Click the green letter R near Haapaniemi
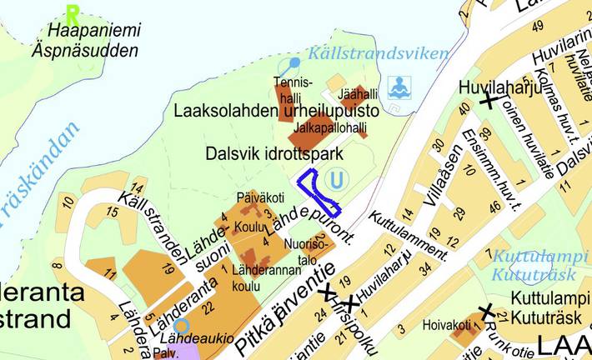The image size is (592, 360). click(73, 14)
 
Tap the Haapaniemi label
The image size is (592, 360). click(94, 32)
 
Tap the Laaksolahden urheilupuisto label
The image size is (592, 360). click(276, 111)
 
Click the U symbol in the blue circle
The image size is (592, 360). click(336, 179)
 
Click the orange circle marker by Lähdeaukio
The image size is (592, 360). click(181, 326)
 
